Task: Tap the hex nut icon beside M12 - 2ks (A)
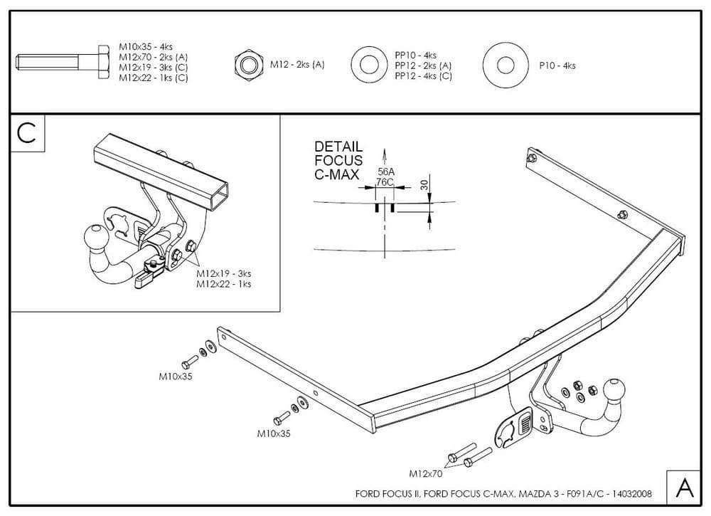pos(249,65)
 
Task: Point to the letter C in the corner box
pos(27,133)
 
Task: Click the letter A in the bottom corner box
pos(685,488)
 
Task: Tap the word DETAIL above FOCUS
pos(338,147)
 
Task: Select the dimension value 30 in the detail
pos(424,184)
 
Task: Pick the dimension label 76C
pos(385,182)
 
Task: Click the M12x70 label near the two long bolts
pos(426,473)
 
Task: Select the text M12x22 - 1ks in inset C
pos(223,284)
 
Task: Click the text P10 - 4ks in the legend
pos(557,65)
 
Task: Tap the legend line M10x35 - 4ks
pos(146,47)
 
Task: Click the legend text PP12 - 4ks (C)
pos(423,76)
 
